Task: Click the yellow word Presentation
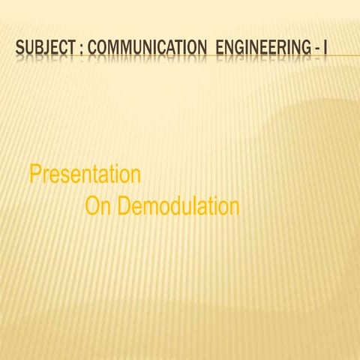[85, 175]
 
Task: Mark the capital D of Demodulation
[125, 206]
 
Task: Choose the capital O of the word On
[93, 206]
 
